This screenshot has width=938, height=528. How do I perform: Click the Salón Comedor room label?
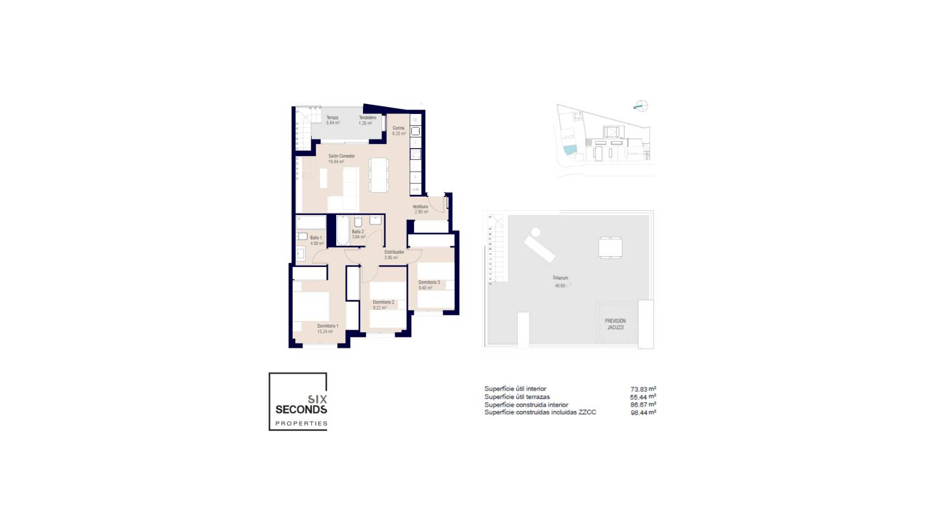tap(341, 156)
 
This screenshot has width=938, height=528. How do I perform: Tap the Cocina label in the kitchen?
tap(398, 128)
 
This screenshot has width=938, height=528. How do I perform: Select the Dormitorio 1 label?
tap(327, 326)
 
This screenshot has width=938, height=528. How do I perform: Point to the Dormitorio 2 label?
tap(383, 302)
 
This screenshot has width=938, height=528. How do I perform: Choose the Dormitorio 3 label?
tap(429, 283)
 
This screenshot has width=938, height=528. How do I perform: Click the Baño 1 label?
tap(316, 238)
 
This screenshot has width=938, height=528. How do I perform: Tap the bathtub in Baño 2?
tap(342, 230)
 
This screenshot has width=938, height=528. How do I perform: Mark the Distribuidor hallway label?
tap(394, 252)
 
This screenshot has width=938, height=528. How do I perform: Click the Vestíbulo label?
tap(420, 207)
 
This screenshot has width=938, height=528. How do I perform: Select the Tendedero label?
tap(367, 118)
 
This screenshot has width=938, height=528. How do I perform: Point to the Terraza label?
tap(332, 118)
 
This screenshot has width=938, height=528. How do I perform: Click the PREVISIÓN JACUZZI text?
tap(615, 324)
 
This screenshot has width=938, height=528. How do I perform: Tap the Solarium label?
tap(560, 278)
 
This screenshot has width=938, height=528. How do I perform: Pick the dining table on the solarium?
tap(610, 247)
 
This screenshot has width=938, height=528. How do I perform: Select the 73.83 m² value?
tap(643, 389)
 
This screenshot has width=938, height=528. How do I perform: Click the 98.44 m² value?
tap(643, 413)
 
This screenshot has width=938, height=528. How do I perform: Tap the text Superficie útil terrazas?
tap(517, 397)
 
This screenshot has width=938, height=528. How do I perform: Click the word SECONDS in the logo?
tap(301, 409)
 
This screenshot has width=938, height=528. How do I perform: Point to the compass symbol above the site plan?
tap(641, 106)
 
